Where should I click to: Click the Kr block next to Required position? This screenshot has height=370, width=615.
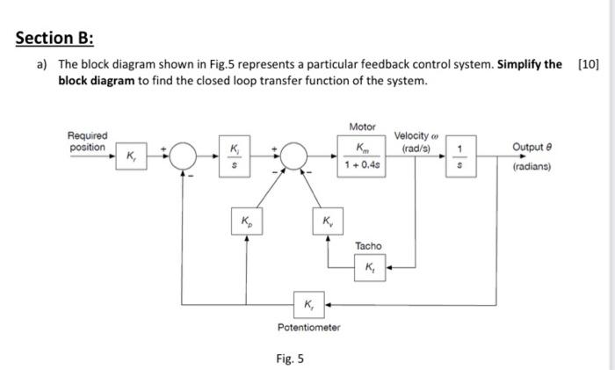(x=132, y=157)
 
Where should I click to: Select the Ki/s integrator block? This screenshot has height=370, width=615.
(x=233, y=157)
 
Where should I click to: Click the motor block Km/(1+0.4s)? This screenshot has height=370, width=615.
(x=362, y=157)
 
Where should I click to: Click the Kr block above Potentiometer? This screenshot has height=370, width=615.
(x=308, y=305)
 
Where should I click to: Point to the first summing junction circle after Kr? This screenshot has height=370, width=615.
(x=183, y=157)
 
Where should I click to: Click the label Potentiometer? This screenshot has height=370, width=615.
(x=308, y=327)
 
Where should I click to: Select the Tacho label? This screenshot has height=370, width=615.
(x=368, y=245)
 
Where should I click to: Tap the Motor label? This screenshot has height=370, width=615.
(x=362, y=127)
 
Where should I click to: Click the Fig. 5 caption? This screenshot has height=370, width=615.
(x=290, y=358)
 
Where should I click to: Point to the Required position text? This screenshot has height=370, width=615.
(x=88, y=141)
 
